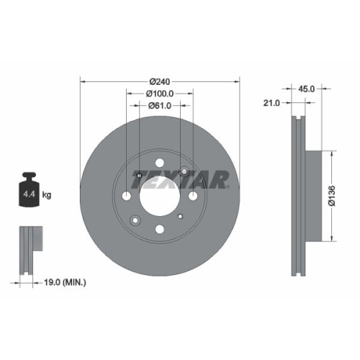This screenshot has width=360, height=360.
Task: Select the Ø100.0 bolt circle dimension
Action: (159, 94)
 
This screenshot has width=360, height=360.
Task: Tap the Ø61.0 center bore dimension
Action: (159, 105)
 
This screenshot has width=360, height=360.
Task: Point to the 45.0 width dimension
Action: (307, 89)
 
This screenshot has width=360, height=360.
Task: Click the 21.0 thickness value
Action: (272, 103)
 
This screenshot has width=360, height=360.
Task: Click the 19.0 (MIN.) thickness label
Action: (63, 283)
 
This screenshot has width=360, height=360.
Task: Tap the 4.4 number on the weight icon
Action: (29, 194)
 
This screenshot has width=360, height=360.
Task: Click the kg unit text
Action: (47, 194)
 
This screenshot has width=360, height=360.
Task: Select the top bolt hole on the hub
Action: (159, 162)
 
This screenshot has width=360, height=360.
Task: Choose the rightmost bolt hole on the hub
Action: (194, 197)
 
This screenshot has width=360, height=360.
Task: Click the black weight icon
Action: (29, 190)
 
